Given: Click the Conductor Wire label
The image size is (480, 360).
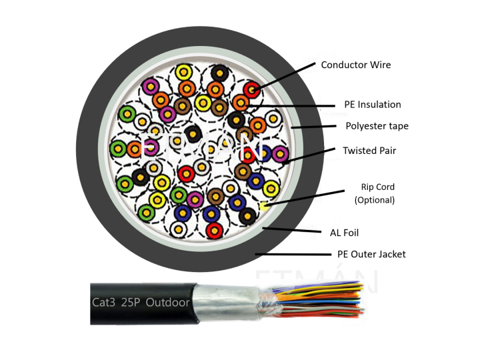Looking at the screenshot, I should coord(355,65).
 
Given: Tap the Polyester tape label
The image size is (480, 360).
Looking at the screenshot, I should coord(377,126).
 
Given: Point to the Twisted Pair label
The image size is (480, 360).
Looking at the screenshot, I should coord(369,151).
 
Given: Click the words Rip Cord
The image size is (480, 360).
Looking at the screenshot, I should coord(374,187).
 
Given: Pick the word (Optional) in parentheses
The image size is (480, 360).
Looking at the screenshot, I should coord(374,199).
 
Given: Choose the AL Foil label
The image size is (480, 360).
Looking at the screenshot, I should coord(344,233).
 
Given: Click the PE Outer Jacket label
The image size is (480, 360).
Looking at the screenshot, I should coord(371,254).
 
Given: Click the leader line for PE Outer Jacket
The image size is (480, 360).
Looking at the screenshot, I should coord(293,254).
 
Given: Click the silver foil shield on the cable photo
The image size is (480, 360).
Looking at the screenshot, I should coord(227,303).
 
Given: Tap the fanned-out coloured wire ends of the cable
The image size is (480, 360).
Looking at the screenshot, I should coord(320,300).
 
